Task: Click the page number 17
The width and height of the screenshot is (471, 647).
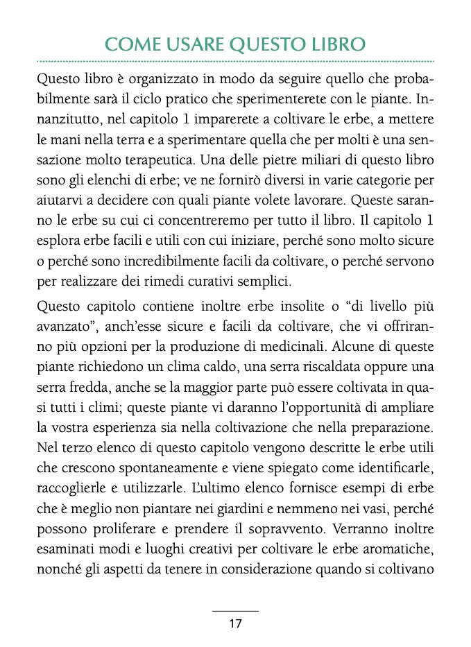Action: click(235, 623)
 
